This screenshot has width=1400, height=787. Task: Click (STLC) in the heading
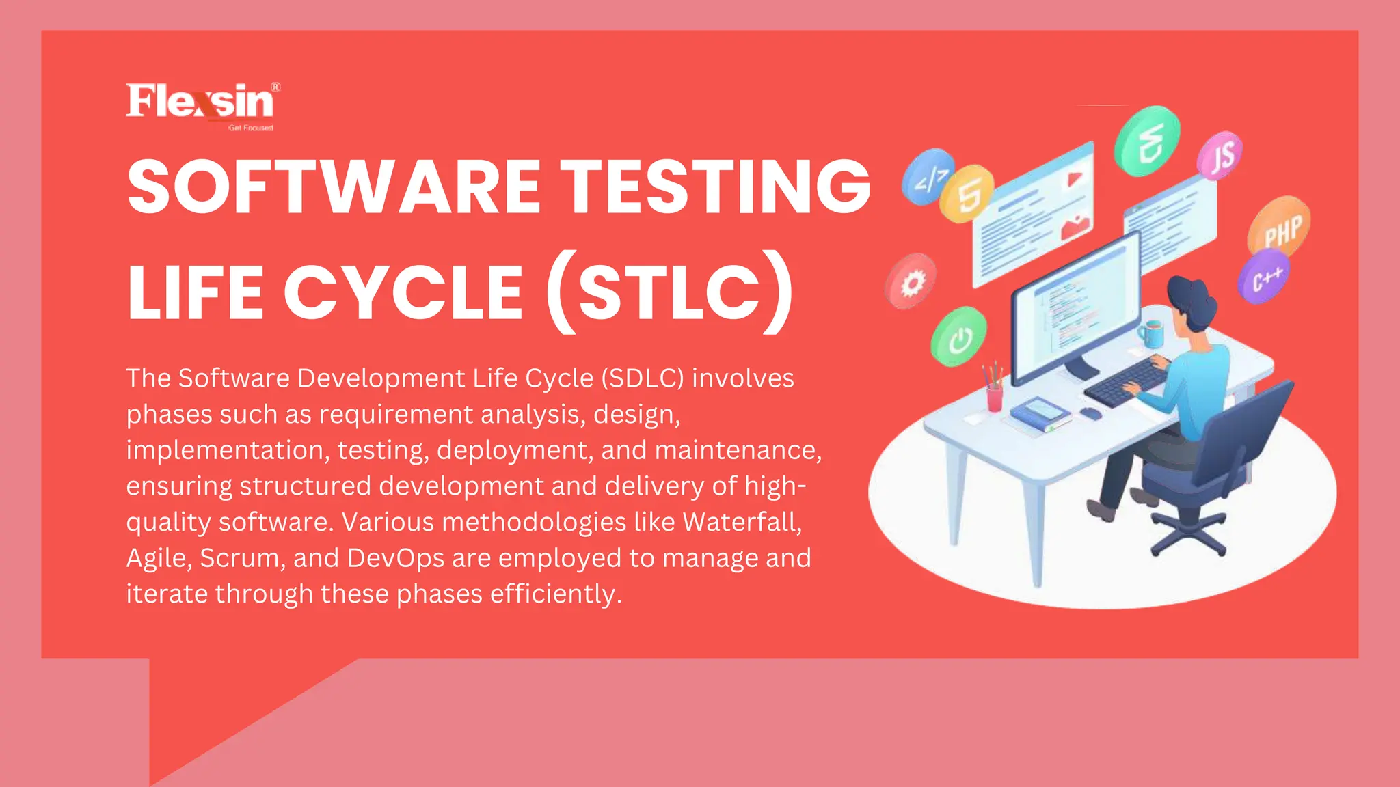tap(670, 292)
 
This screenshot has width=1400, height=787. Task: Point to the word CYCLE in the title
tap(404, 292)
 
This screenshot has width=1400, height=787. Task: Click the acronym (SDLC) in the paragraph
tap(643, 378)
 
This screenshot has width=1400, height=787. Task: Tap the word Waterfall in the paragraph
tap(741, 522)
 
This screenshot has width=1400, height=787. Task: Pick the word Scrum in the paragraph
tap(239, 558)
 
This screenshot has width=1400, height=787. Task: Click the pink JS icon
tap(1220, 156)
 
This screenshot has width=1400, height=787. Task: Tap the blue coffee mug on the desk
tap(1151, 334)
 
